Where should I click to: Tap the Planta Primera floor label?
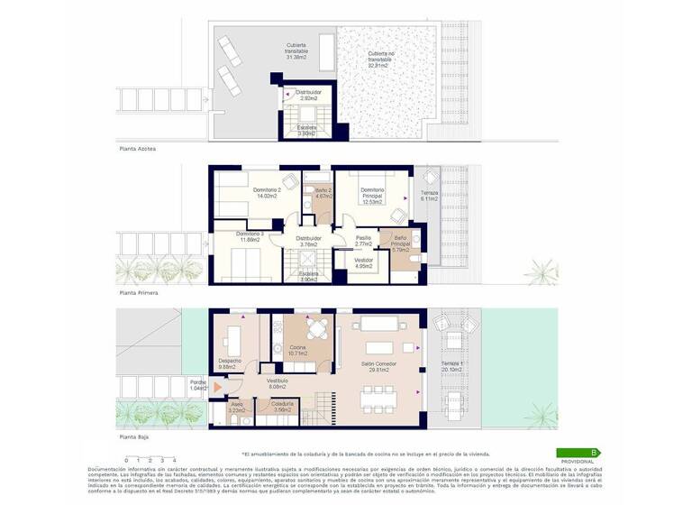click(x=139, y=293)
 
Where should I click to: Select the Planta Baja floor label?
click(x=134, y=436)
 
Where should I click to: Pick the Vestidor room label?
click(x=364, y=262)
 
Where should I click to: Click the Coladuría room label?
click(x=282, y=407)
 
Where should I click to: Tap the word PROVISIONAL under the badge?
click(x=578, y=461)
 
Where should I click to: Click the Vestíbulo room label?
click(x=277, y=383)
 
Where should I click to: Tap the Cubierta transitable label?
click(x=296, y=50)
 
